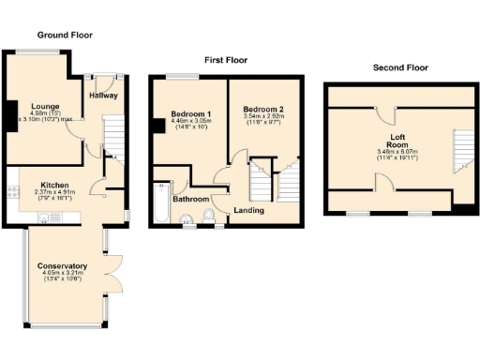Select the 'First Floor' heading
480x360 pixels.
click(226, 59)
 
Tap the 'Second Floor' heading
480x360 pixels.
click(400, 67)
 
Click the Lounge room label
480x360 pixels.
click(45, 106)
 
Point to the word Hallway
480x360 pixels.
click(103, 96)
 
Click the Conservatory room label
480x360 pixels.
click(64, 265)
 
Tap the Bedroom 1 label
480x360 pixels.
click(190, 114)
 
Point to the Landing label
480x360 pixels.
click(248, 210)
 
